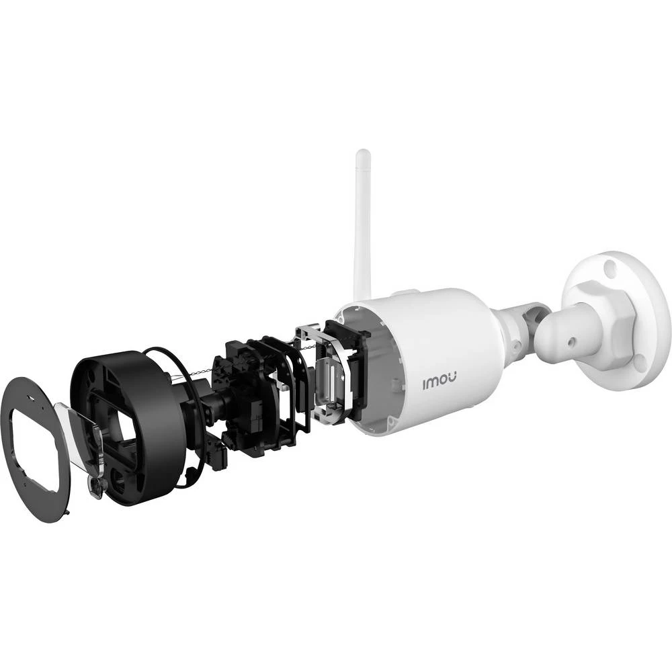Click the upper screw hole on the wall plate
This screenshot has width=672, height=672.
(610, 269)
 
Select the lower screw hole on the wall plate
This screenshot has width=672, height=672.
(640, 364)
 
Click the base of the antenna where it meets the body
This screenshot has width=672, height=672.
(363, 296)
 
